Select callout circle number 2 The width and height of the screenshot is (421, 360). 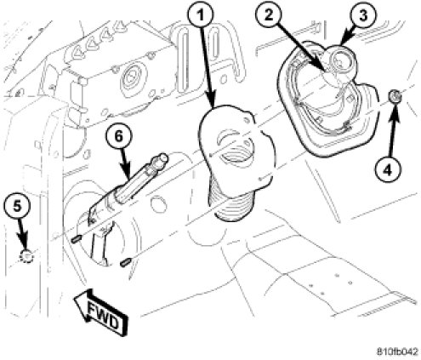click(x=269, y=14)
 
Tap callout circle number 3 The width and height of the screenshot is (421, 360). click(x=363, y=15)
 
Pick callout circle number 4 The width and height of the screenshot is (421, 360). click(x=388, y=170)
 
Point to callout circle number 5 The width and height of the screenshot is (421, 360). click(x=17, y=206)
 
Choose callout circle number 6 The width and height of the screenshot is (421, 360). click(x=118, y=136)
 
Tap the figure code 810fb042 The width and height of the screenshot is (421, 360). click(x=397, y=351)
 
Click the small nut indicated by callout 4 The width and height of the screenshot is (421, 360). click(x=395, y=96)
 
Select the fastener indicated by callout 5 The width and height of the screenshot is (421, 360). click(x=26, y=257)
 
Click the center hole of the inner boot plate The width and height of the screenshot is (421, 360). click(x=235, y=153)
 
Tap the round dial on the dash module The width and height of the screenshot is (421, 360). click(x=131, y=77)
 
